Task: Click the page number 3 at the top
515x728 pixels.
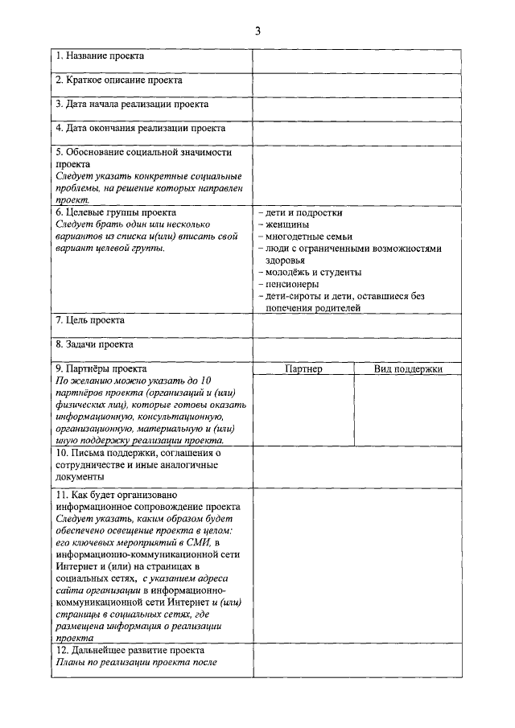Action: (257, 31)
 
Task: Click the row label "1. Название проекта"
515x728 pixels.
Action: (100, 56)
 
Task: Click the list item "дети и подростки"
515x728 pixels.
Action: (303, 213)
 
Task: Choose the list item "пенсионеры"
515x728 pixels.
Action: (291, 284)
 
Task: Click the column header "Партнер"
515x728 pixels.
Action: (303, 369)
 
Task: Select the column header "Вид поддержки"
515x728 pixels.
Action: (408, 369)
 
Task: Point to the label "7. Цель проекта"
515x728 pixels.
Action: (90, 320)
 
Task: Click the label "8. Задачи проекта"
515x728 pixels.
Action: (94, 344)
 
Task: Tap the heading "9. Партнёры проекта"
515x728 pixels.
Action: (101, 369)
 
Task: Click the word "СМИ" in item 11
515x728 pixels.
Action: (211, 543)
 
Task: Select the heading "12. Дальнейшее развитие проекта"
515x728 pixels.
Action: (130, 650)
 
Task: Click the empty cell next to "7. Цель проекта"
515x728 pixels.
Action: (357, 325)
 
